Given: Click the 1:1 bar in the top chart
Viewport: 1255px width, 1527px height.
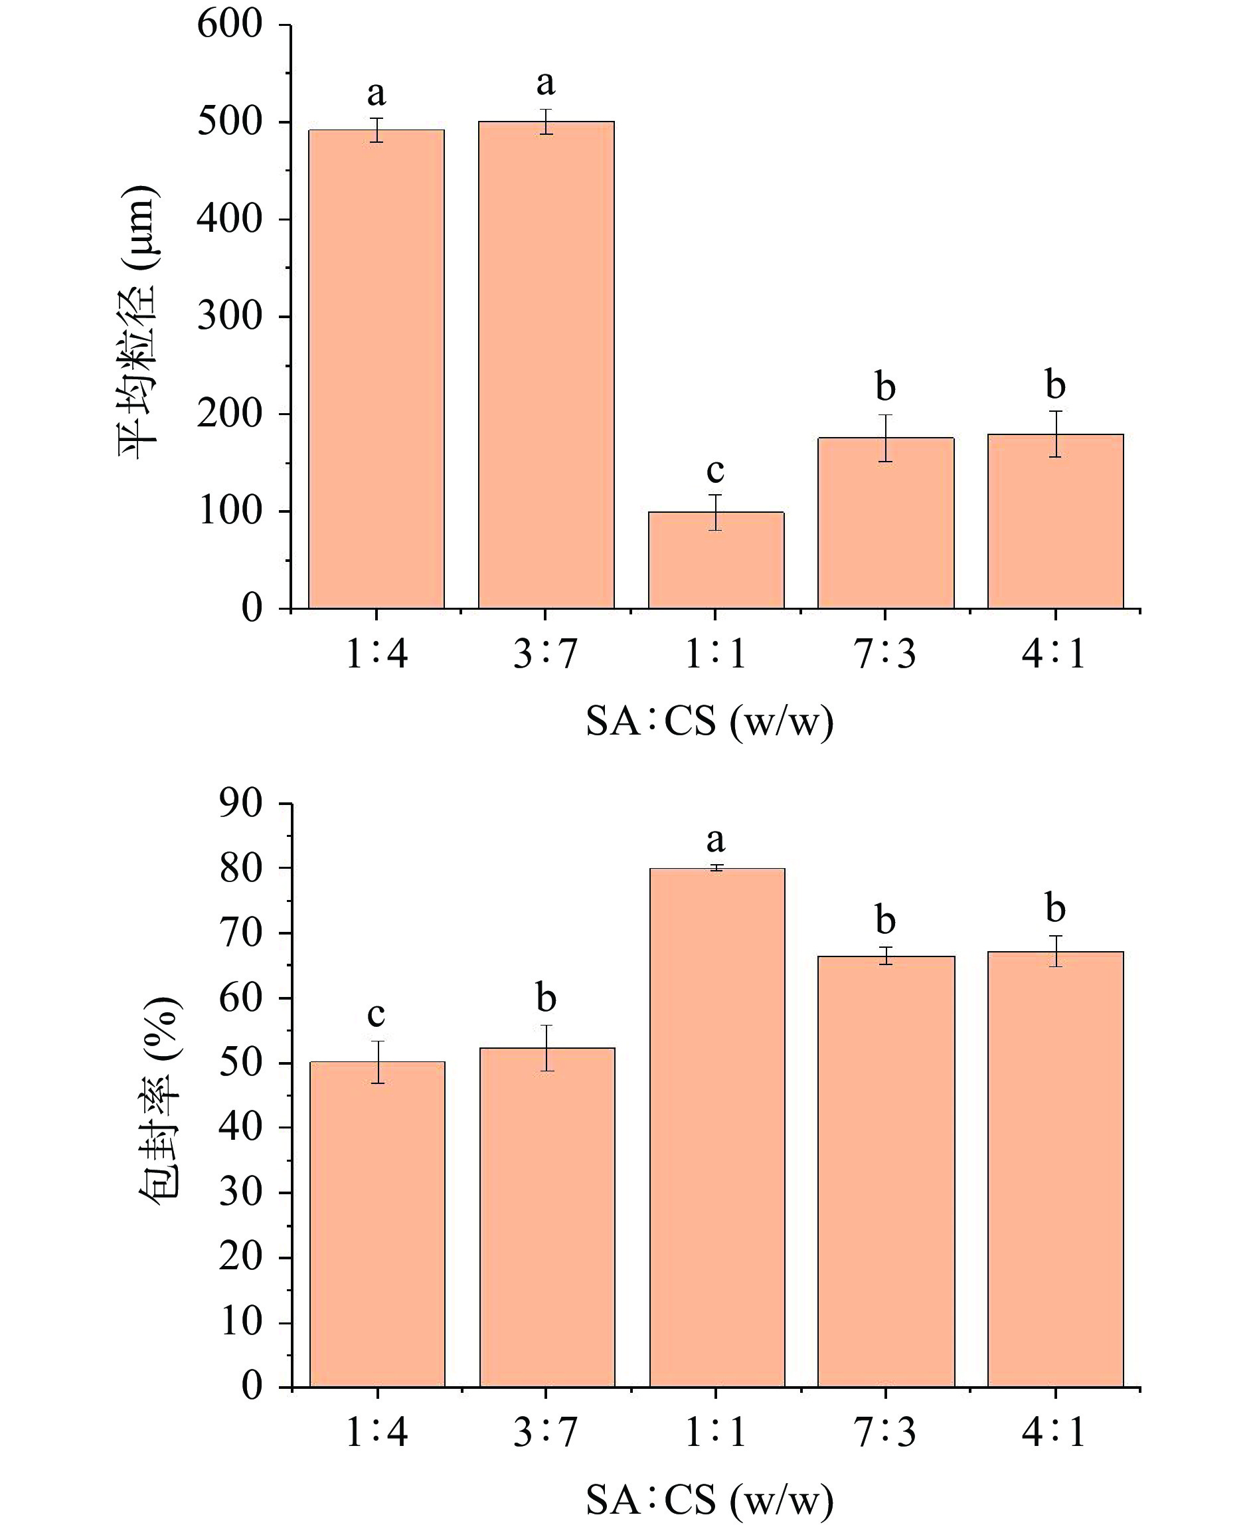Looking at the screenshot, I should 716,560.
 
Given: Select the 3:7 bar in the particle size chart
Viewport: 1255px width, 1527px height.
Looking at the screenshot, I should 546,365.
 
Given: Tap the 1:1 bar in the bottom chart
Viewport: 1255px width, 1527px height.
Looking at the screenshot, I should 716,1127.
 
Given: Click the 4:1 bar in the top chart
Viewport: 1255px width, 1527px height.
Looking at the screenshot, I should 1056,521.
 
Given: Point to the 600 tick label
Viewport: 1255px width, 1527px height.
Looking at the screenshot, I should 229,25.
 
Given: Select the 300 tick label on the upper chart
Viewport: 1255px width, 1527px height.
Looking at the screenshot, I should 229,316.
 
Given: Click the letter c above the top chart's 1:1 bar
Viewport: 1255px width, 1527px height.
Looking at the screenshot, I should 715,471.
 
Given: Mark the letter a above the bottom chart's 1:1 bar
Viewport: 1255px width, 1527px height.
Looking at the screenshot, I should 715,840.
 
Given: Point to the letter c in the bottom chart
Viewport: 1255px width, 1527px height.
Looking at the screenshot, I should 376,1014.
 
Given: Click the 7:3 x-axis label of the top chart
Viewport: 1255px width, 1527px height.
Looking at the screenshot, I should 885,654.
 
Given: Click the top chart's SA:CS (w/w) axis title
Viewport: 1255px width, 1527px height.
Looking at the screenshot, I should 709,722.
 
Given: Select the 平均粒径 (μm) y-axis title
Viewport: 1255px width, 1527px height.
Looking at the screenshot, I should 137,321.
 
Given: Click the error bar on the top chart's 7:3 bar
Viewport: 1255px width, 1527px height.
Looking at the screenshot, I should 886,438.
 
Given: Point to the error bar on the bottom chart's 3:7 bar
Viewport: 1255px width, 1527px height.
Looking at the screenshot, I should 546,1047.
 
